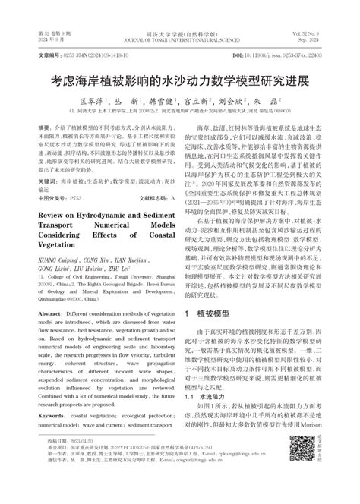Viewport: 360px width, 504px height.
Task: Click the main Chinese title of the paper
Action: tap(179, 78)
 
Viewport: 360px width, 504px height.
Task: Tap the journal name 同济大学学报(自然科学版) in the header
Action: tap(179, 36)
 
